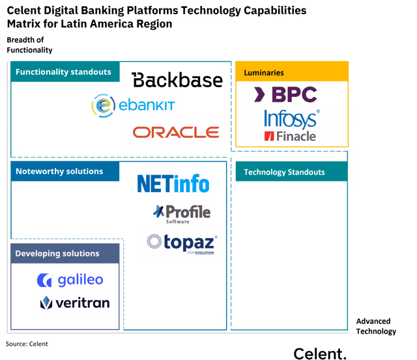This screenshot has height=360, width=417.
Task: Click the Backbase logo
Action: [177, 80]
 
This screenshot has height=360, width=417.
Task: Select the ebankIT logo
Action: [133, 105]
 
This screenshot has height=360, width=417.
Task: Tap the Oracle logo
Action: [175, 132]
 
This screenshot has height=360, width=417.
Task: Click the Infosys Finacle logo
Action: [291, 124]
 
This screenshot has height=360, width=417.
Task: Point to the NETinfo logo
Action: [173, 183]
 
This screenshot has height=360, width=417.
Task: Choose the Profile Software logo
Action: [182, 213]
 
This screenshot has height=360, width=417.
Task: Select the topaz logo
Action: [182, 244]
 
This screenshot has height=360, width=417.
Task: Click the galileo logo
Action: [70, 280]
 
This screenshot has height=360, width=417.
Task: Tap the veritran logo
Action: [75, 302]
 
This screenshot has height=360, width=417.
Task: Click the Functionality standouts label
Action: [63, 72]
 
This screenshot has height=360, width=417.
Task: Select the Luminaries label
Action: [264, 73]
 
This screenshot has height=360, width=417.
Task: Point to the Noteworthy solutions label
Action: [59, 172]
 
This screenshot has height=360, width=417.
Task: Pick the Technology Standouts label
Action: [284, 173]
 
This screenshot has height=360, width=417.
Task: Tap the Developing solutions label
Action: [57, 253]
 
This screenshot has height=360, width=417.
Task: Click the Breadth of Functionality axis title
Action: [29, 46]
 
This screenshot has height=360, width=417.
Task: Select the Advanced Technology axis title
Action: [375, 326]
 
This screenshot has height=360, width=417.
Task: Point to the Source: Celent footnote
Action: [27, 343]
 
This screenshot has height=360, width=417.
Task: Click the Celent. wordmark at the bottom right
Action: [320, 353]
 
